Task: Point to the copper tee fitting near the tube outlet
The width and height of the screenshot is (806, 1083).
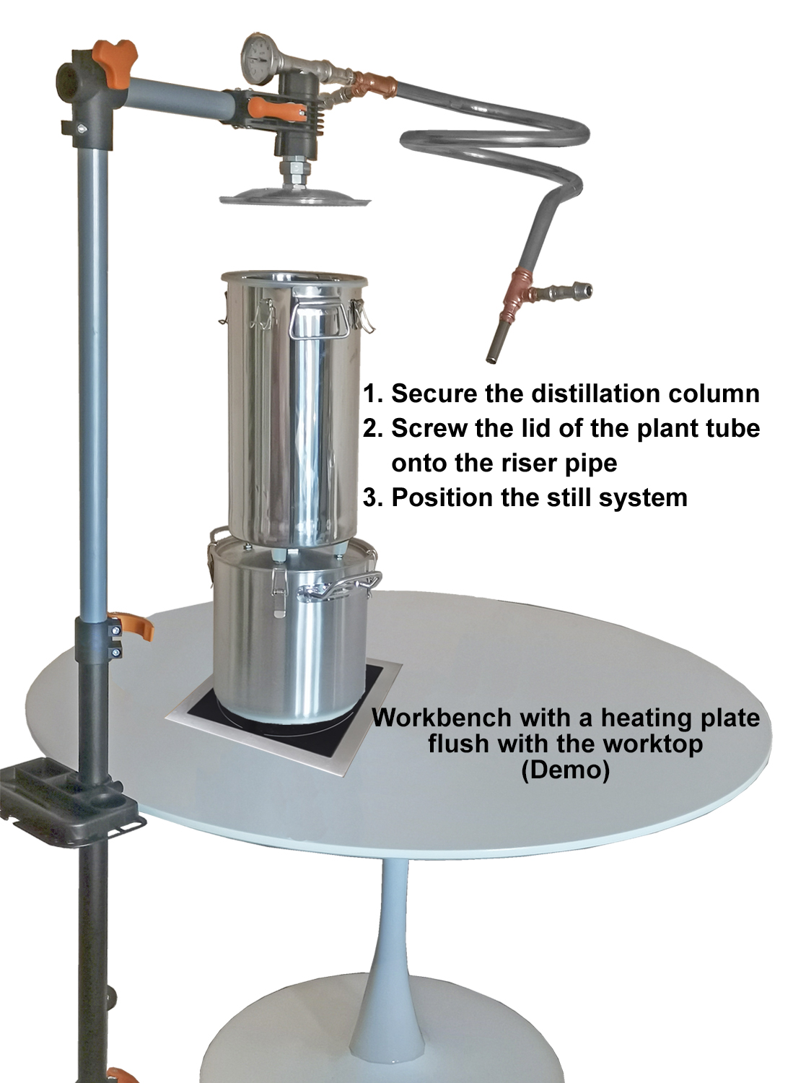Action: (x=522, y=295)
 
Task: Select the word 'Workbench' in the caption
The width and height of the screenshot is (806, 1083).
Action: (x=435, y=718)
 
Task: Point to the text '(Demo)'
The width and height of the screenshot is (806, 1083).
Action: (x=565, y=770)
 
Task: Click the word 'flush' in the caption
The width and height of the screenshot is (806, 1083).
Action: (x=460, y=744)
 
